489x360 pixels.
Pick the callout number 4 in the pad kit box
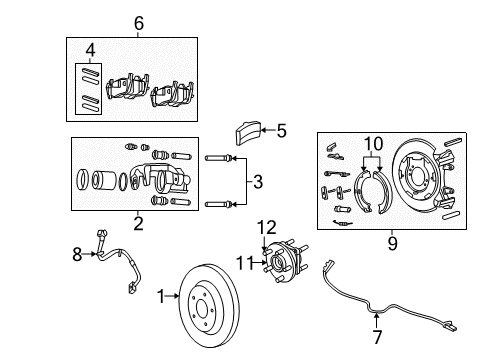91,48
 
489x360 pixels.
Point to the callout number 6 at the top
139,22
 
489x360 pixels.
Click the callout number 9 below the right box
391,242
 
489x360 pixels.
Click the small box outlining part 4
89,87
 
